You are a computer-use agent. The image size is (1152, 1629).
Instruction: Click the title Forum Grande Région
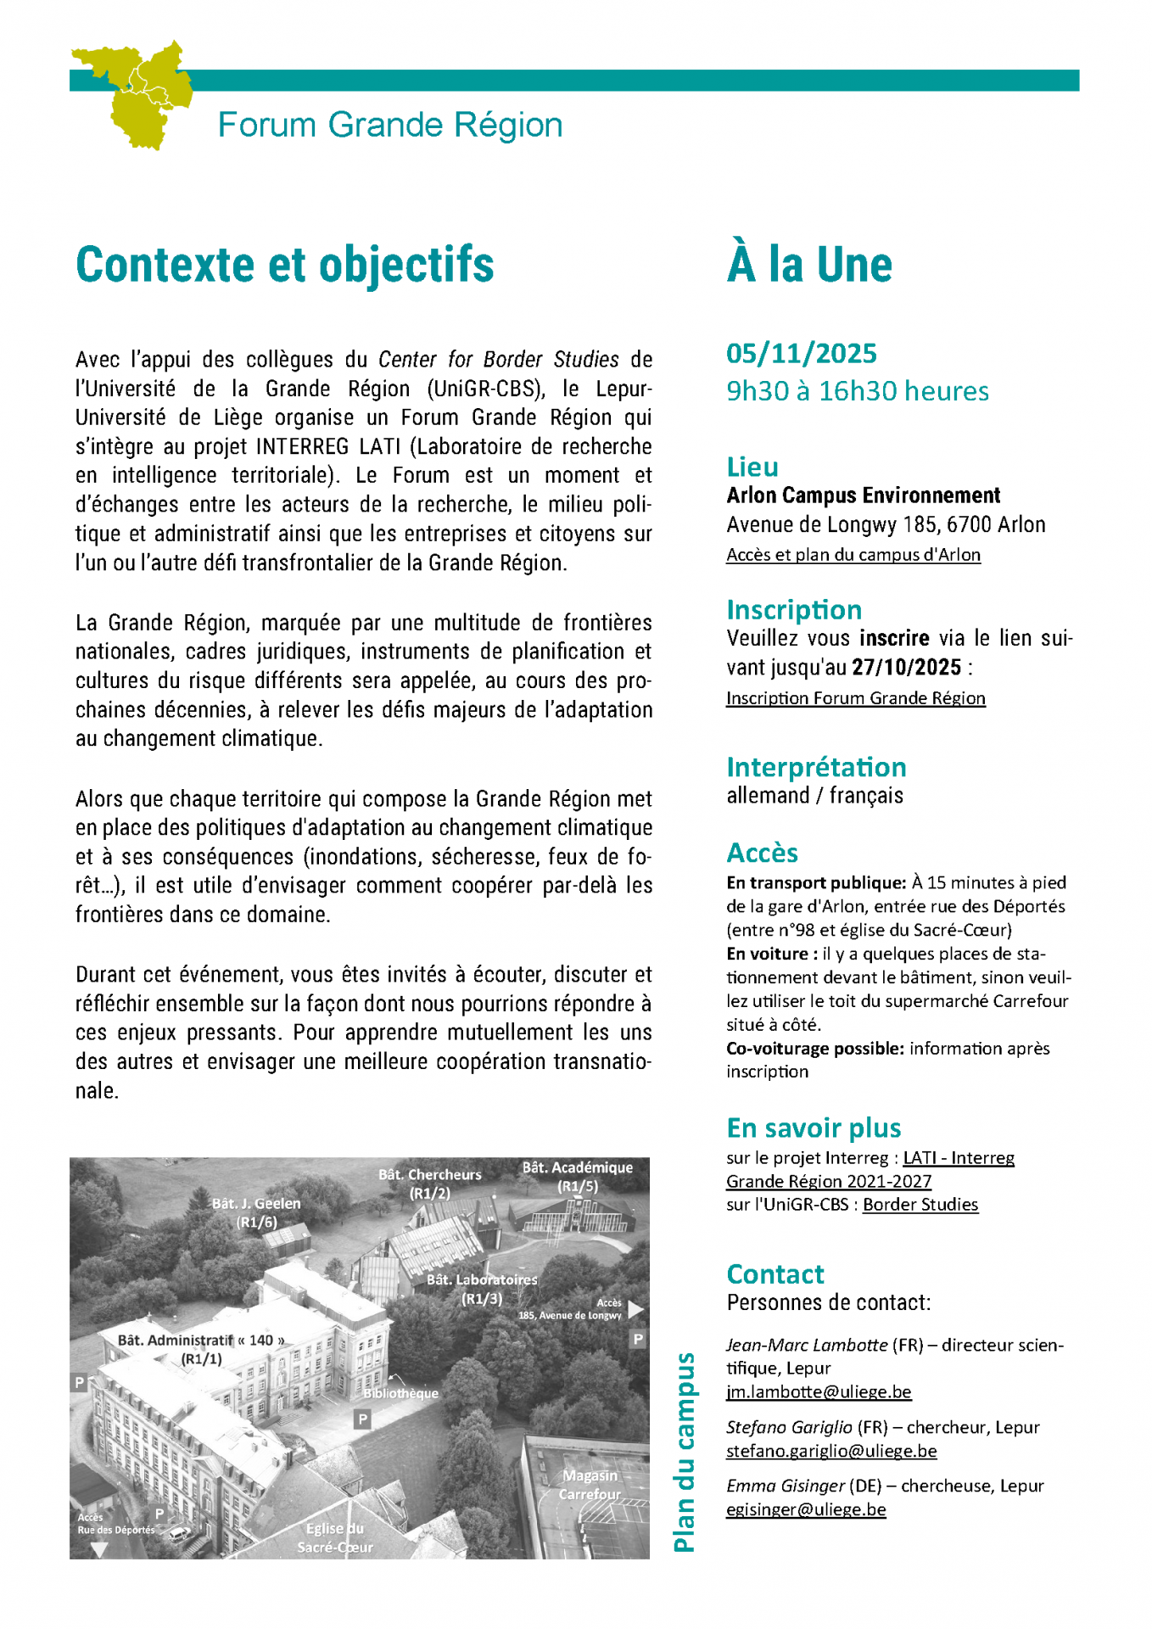point(390,125)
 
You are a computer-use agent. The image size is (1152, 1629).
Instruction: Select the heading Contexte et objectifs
point(285,265)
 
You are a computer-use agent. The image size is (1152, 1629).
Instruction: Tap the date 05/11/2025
point(801,353)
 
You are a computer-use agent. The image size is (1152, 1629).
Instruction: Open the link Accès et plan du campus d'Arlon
point(853,555)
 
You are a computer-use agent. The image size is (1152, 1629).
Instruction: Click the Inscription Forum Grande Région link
point(855,698)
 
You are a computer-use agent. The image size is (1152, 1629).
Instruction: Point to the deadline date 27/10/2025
point(906,668)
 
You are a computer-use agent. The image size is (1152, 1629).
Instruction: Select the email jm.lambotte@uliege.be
point(818,1391)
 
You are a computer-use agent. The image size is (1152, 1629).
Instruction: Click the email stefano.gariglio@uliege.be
point(830,1451)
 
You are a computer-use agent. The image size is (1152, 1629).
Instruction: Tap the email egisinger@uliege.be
point(805,1509)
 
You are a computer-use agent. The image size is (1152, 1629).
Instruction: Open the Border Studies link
point(920,1205)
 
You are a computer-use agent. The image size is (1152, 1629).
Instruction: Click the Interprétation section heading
point(816,767)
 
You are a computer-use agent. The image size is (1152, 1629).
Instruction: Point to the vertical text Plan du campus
point(684,1452)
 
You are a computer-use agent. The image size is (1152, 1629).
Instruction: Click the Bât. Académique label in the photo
point(577,1168)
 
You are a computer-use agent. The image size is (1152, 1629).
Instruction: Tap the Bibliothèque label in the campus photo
point(401,1393)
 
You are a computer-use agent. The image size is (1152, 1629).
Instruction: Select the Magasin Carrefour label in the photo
point(590,1485)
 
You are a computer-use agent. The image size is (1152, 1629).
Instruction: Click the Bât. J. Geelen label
point(256,1204)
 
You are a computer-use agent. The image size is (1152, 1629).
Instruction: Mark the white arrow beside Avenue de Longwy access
point(635,1309)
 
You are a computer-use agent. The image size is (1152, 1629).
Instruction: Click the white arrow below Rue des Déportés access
point(99,1550)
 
